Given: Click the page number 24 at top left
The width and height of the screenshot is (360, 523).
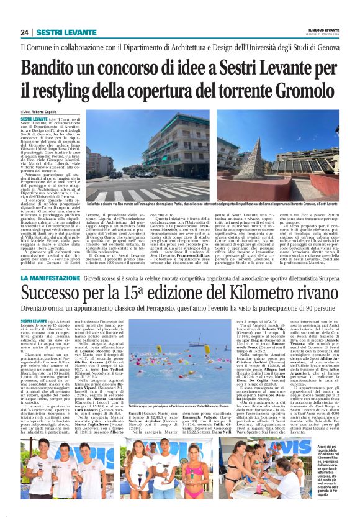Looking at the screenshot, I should coord(25,32).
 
